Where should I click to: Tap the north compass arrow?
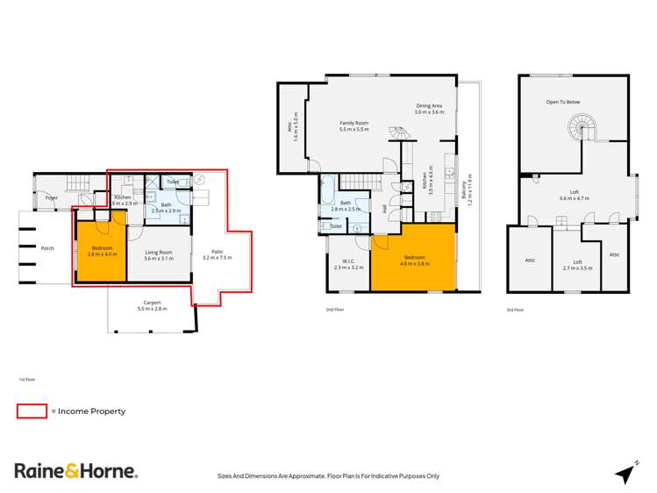[x=625, y=473]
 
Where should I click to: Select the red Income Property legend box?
[x=32, y=411]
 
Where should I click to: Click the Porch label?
[x=47, y=248]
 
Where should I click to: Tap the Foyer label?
[x=52, y=197]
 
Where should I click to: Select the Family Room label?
[x=353, y=125]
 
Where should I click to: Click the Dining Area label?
[x=430, y=109]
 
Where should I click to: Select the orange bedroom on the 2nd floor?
[x=413, y=256]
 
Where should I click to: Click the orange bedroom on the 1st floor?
[x=102, y=252]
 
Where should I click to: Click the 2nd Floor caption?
[x=334, y=310]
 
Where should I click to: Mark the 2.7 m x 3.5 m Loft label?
[x=577, y=264]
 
